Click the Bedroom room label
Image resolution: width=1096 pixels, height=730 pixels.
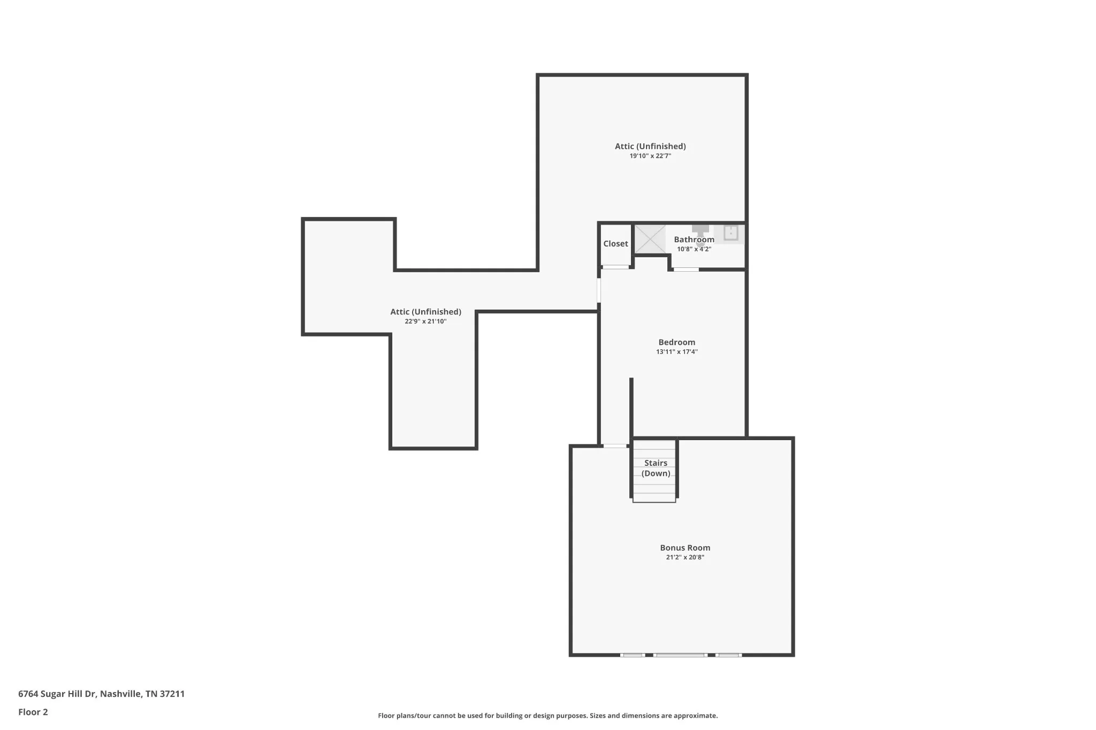click(676, 342)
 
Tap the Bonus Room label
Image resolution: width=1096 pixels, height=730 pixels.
click(685, 548)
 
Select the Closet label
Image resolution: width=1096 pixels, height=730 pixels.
click(615, 244)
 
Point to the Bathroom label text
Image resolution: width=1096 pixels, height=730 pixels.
click(694, 240)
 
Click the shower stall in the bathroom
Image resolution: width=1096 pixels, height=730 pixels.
click(650, 239)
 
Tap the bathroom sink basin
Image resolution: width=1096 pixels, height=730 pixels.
click(730, 233)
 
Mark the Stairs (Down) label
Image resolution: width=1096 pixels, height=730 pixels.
click(656, 468)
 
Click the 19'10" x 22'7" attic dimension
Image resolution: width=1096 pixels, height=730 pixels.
click(650, 156)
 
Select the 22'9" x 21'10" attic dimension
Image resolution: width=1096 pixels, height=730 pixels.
click(425, 321)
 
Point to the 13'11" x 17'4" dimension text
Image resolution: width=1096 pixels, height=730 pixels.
click(677, 352)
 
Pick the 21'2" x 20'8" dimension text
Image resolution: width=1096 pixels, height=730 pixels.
click(685, 557)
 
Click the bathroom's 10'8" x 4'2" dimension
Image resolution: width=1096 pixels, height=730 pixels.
click(694, 249)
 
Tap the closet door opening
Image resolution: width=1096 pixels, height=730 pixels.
click(615, 267)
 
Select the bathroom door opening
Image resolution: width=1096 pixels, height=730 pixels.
click(686, 270)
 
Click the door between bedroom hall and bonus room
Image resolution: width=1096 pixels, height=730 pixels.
click(615, 446)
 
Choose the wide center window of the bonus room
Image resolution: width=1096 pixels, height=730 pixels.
click(680, 655)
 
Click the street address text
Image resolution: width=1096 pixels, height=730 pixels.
click(101, 694)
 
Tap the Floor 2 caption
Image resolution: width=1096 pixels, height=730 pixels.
click(33, 712)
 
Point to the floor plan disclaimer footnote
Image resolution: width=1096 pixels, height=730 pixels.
click(548, 716)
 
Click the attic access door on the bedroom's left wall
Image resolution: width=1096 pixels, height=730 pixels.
click(599, 290)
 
